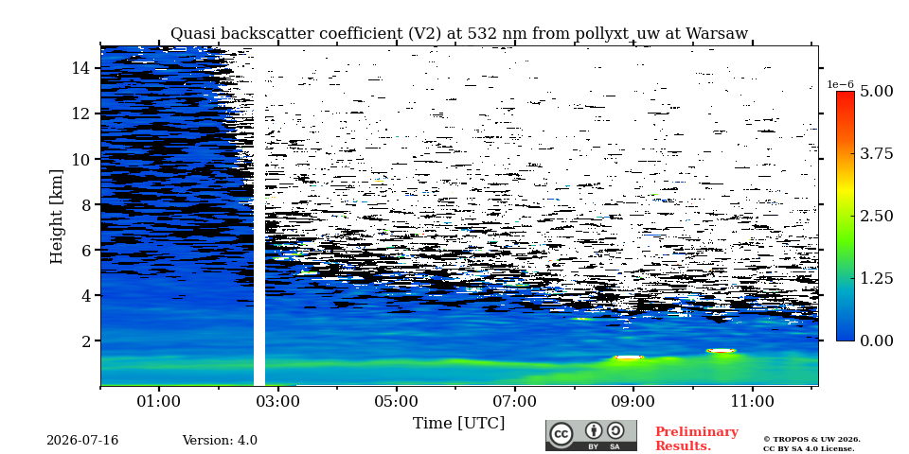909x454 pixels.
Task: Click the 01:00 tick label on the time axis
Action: [x=160, y=401]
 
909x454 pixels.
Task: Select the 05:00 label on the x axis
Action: [x=397, y=401]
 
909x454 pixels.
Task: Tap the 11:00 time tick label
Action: [x=753, y=401]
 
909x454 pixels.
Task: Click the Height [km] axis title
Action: [x=56, y=217]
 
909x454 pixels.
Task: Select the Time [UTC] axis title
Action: [x=458, y=424]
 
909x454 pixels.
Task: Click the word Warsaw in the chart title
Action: [x=717, y=34]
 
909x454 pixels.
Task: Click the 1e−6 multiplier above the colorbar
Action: [x=840, y=84]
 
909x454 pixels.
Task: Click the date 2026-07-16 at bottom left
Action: [x=82, y=441]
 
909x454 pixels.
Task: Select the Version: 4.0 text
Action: [x=220, y=441]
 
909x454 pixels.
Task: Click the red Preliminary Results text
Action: [x=697, y=439]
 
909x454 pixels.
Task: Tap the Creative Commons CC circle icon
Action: [x=561, y=434]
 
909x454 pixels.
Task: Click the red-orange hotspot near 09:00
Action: [x=629, y=358]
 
